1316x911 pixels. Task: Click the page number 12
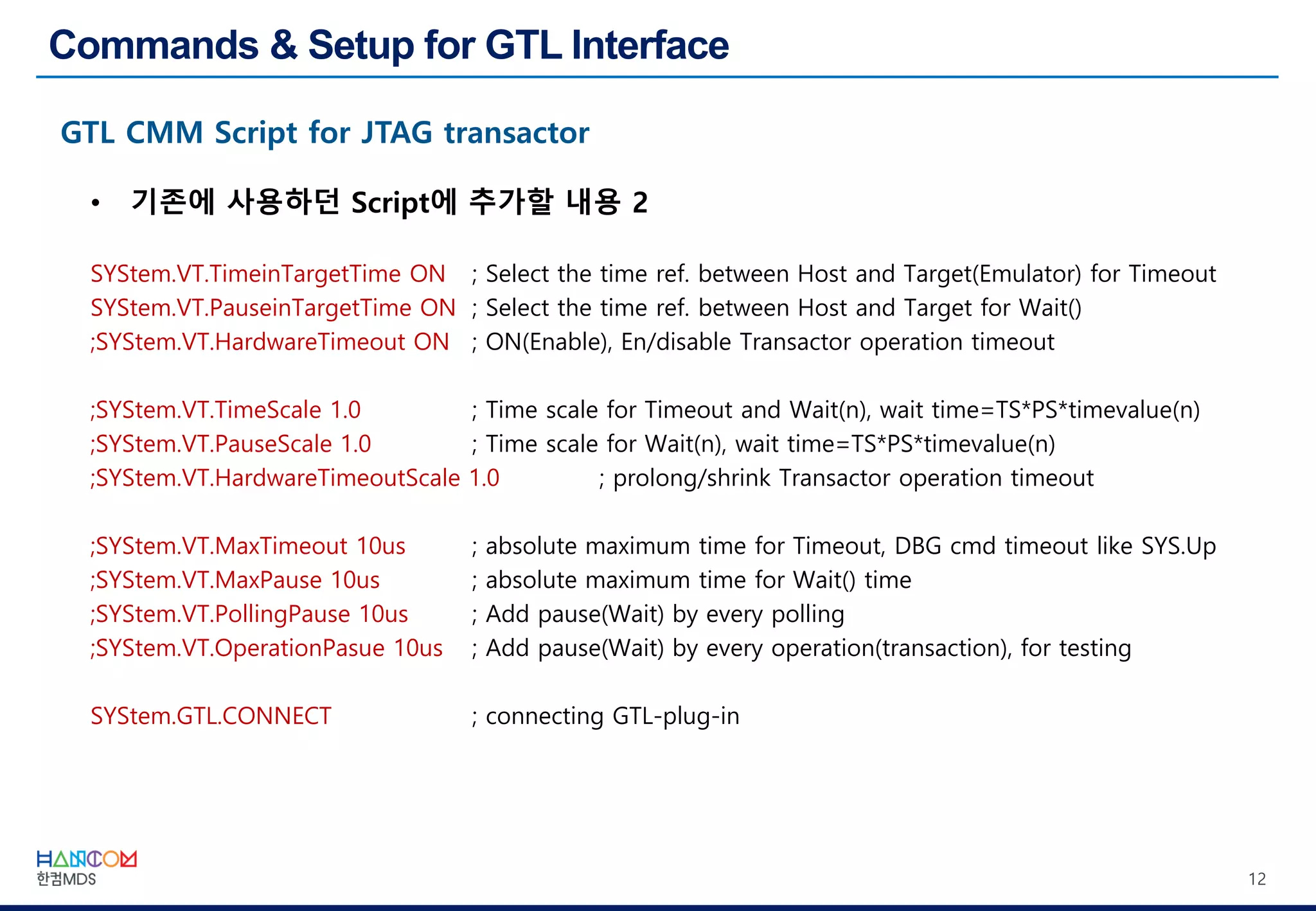click(1256, 879)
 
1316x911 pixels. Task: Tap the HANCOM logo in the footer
click(86, 860)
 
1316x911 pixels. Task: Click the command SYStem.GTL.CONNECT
click(211, 716)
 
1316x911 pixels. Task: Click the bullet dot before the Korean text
click(96, 204)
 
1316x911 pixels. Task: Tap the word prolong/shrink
click(691, 479)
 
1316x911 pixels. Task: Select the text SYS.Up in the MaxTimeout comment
click(1178, 546)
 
